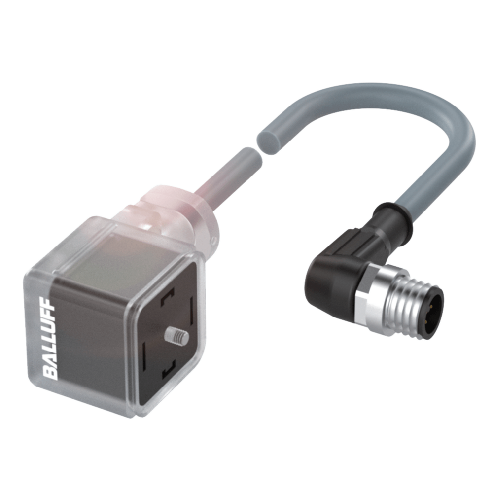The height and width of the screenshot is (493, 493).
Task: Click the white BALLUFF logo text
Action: (50, 339)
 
